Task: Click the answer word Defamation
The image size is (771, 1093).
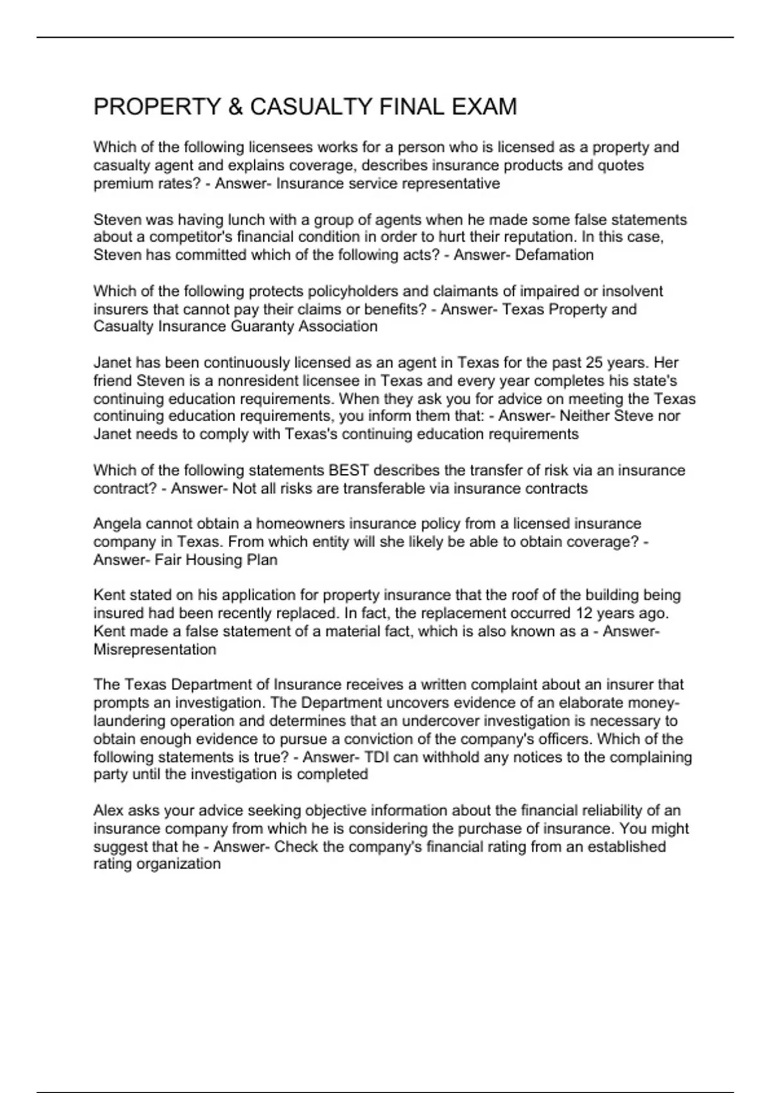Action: pyautogui.click(x=554, y=255)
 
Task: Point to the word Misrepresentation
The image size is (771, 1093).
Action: pyautogui.click(x=155, y=649)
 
